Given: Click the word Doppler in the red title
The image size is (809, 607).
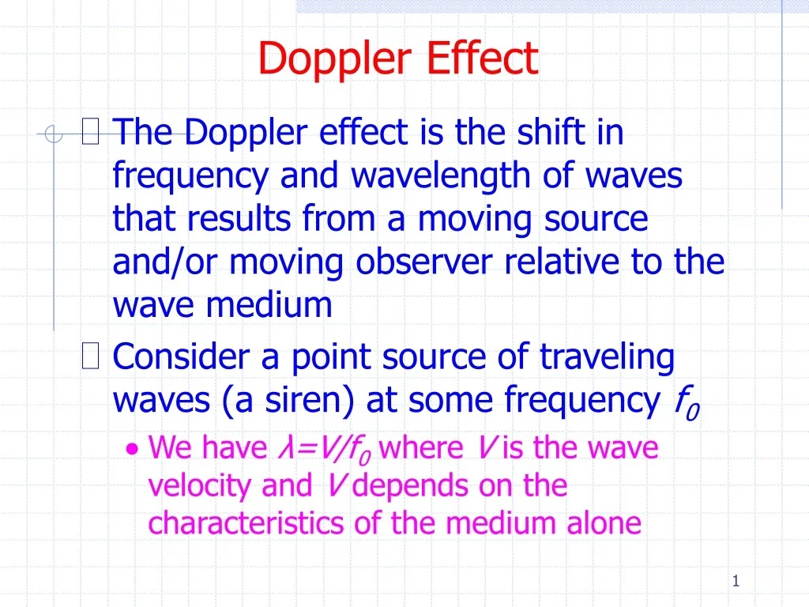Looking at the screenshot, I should [x=337, y=58].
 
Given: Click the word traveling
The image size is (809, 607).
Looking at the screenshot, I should [x=608, y=357].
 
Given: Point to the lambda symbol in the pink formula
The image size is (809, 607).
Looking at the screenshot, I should [x=283, y=448].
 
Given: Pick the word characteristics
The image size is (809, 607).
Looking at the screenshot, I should [x=246, y=523].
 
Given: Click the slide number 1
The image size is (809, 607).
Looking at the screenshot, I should [x=736, y=582].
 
